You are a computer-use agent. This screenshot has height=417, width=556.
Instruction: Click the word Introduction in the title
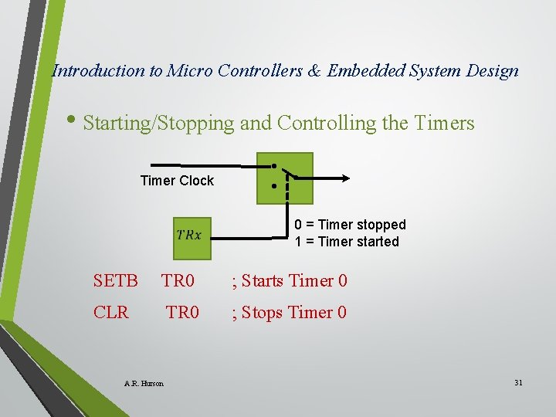tap(97, 71)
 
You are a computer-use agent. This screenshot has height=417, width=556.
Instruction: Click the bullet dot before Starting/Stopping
tap(73, 122)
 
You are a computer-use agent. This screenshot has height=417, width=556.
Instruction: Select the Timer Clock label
tap(177, 181)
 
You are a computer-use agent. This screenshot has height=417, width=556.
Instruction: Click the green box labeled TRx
tap(189, 235)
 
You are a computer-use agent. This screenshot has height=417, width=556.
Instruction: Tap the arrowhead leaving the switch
tap(345, 178)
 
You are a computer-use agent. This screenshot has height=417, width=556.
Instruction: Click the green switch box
tap(285, 178)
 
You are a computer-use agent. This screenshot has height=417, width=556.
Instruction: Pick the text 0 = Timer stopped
tap(350, 225)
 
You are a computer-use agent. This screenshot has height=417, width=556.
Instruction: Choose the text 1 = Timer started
tap(347, 242)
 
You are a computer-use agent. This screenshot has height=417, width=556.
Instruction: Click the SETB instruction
tap(115, 281)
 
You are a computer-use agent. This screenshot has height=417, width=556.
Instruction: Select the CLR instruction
tap(111, 313)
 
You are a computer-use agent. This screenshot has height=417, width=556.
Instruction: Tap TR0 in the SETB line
tap(178, 281)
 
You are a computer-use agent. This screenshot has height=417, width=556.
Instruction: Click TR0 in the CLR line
tap(183, 313)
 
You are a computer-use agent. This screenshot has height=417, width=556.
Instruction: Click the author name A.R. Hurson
tap(144, 383)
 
